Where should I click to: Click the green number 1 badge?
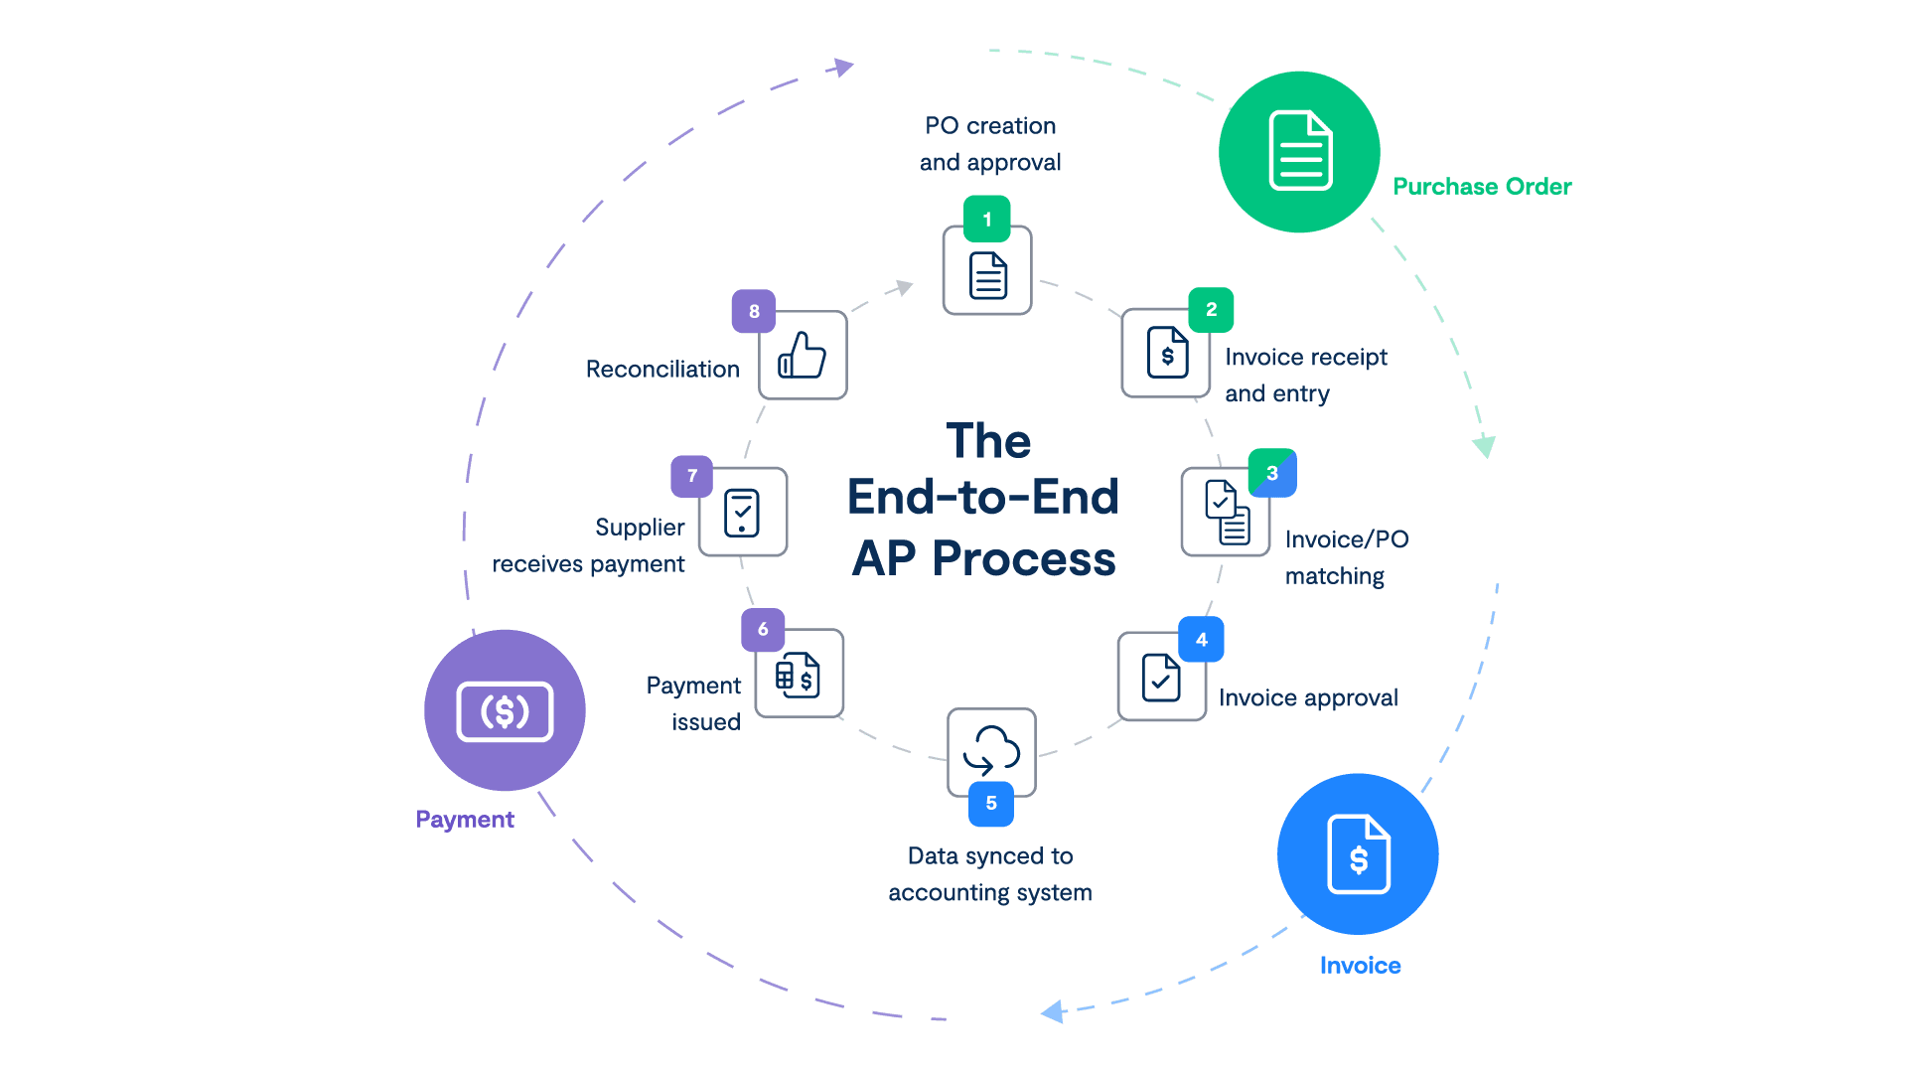986,220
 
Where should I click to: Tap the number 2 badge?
1211,310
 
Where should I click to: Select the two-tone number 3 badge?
1271,473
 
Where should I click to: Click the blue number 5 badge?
991,803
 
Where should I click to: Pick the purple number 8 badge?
754,311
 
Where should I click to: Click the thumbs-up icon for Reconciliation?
803,356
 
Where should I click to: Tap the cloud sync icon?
991,751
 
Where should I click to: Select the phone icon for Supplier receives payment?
742,513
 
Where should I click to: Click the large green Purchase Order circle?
1299,152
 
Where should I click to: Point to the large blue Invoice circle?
1358,854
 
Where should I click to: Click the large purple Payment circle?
505,710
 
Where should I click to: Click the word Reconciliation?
662,370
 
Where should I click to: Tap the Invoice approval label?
1308,698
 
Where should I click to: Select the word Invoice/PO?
1347,539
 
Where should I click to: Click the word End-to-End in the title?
983,497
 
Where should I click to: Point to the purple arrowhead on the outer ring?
843,67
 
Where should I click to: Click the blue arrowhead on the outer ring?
1053,1012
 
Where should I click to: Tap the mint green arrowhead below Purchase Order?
1484,446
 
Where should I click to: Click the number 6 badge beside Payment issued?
763,629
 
